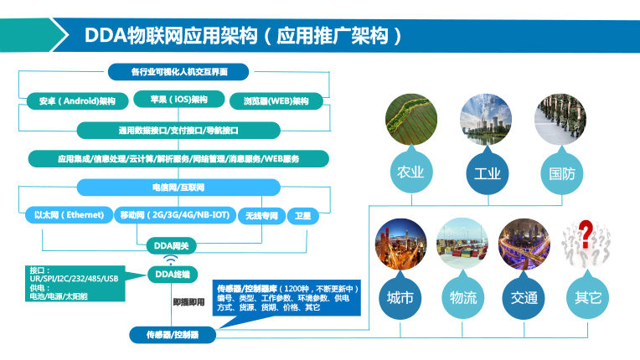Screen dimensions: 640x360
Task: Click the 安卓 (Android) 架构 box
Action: click(78, 101)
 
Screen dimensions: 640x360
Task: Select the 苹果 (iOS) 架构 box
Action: click(178, 99)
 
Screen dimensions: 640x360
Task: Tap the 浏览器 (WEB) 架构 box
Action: click(276, 101)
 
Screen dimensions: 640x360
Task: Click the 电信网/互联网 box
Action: click(178, 188)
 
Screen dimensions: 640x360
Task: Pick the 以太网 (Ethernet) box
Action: click(69, 215)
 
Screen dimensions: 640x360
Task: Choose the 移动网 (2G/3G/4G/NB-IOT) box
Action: click(175, 215)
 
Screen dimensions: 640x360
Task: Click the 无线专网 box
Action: click(261, 216)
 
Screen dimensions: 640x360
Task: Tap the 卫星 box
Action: click(303, 216)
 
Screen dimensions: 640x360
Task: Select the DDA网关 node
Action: click(172, 246)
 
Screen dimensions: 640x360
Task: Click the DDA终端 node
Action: click(173, 275)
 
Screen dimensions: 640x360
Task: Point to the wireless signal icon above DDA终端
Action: click(171, 260)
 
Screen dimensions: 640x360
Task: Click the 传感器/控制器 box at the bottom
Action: click(173, 335)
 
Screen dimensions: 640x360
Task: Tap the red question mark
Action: click(586, 234)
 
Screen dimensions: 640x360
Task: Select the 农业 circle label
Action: click(411, 172)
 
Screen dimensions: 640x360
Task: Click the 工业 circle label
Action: click(488, 173)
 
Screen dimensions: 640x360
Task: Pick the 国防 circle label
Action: click(562, 173)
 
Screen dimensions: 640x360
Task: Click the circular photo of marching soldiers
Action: click(560, 120)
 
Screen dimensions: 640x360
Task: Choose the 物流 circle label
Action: click(463, 297)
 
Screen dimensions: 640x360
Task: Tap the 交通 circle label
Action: click(524, 297)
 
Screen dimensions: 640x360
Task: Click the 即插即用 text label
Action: click(188, 302)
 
